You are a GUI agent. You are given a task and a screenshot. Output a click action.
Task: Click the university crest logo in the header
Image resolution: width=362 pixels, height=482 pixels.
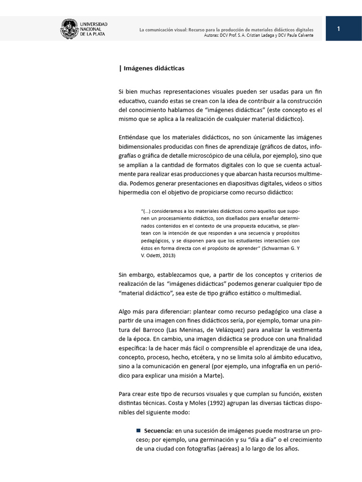(69, 29)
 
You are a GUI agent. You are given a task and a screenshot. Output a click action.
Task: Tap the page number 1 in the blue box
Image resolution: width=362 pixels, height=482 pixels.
(338, 29)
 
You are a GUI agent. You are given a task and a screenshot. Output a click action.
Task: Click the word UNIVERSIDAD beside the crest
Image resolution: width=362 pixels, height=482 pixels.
(94, 24)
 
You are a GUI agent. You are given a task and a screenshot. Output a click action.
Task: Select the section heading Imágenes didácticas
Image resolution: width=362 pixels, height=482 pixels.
(154, 68)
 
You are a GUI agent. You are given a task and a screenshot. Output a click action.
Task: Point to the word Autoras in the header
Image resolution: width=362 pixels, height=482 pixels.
(214, 35)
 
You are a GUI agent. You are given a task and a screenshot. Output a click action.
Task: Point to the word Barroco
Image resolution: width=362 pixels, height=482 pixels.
(150, 329)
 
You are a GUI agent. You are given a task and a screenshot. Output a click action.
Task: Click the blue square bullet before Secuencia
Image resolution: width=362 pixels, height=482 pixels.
(139, 430)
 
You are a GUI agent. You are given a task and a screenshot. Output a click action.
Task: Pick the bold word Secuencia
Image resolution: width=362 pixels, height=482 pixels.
(158, 430)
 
